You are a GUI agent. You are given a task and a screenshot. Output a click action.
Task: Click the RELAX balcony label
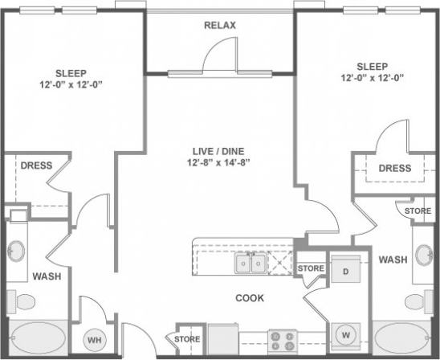(x=219, y=26)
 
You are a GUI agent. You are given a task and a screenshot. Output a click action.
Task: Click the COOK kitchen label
(x=250, y=297)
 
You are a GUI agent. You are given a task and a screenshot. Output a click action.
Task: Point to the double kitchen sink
(x=250, y=262)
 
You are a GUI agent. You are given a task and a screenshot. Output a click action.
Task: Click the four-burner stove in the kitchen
(x=283, y=341)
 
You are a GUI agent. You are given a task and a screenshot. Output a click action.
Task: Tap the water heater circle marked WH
(x=95, y=341)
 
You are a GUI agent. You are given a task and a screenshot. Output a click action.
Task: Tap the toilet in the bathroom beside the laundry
(x=415, y=301)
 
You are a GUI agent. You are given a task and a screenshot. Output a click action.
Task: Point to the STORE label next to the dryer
(x=310, y=268)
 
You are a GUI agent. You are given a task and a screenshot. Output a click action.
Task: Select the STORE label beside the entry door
(x=187, y=339)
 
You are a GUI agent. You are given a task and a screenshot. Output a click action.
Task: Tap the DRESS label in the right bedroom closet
(x=394, y=169)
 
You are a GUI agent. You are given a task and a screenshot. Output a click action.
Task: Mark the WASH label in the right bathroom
(x=393, y=260)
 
